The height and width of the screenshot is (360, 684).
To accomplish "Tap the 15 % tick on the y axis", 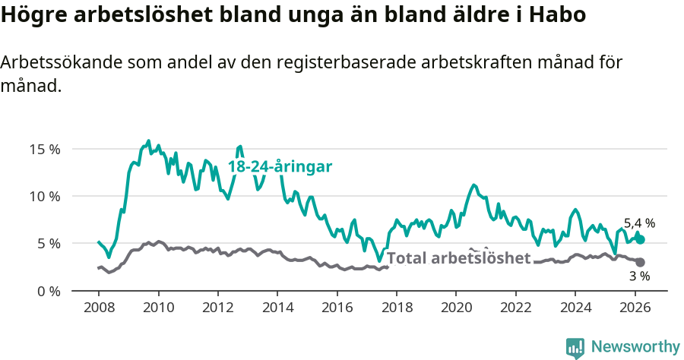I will (x=43, y=149).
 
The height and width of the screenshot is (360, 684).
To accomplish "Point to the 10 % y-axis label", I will (x=43, y=196).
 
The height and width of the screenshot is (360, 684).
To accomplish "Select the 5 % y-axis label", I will (x=47, y=244).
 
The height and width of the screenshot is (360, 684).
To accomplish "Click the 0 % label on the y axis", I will (x=47, y=291).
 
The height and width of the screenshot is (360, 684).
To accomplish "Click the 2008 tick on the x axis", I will (x=99, y=308).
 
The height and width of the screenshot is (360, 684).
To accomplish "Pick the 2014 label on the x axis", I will (x=277, y=308).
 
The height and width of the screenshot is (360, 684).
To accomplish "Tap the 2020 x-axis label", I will (x=456, y=308).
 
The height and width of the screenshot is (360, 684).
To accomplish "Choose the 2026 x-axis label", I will (x=635, y=308).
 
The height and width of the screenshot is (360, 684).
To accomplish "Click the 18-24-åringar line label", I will (x=280, y=167).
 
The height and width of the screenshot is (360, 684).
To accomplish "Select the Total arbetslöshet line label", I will (x=458, y=258).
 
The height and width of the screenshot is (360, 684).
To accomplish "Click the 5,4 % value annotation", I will (x=639, y=223).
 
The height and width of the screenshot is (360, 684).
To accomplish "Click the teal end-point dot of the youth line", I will (x=640, y=239).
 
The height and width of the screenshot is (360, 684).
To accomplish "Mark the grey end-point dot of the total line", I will (x=640, y=262).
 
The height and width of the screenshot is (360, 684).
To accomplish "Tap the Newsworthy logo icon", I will (x=575, y=347).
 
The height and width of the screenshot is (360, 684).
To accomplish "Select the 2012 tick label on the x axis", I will (x=218, y=308).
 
